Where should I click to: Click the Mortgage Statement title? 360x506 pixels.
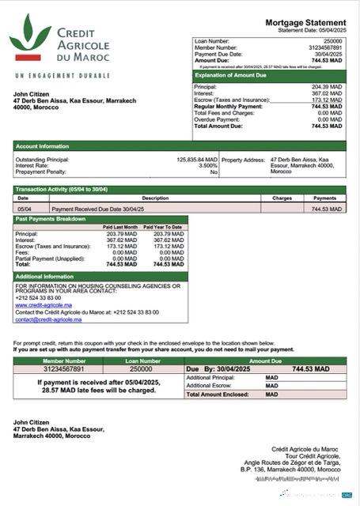coord(305,22)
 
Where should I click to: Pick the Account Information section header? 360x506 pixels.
coord(42,145)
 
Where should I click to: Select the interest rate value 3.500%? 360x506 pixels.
coord(207,165)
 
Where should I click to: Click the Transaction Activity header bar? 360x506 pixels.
coord(63,190)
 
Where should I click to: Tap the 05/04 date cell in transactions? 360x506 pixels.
coord(24,209)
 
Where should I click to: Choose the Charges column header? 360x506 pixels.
coord(282,198)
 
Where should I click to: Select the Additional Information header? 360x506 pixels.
coord(45,277)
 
